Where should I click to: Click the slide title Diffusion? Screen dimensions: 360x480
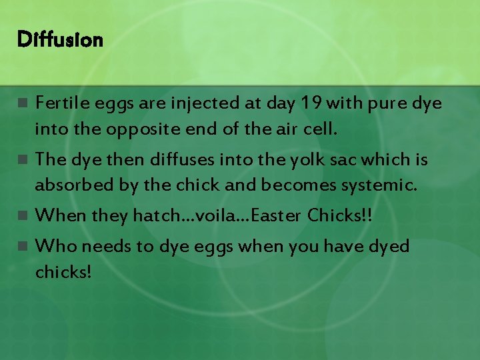(60, 41)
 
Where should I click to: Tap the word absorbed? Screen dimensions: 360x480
(73, 184)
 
